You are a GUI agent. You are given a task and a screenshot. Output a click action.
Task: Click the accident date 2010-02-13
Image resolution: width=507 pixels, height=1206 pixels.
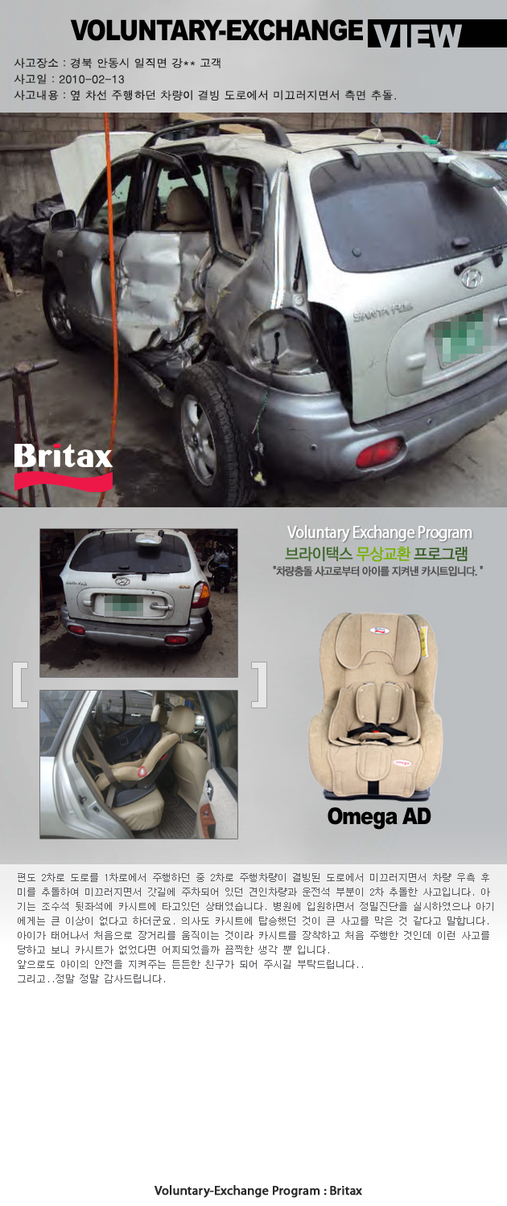pyautogui.click(x=92, y=79)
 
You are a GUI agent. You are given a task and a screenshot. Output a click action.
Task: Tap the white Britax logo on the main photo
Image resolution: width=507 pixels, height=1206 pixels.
pyautogui.click(x=63, y=457)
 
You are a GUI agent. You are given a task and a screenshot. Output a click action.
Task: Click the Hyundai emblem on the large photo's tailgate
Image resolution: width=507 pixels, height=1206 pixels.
pyautogui.click(x=472, y=277)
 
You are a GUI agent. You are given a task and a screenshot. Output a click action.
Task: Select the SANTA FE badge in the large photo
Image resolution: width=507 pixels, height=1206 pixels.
pyautogui.click(x=383, y=310)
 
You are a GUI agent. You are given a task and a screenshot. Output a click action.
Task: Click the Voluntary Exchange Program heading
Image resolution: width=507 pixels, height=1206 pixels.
pyautogui.click(x=380, y=532)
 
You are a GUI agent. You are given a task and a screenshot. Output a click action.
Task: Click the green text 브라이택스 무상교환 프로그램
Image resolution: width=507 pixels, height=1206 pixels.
pyautogui.click(x=377, y=553)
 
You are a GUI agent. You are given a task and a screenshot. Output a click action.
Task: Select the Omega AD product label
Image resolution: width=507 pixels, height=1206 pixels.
pyautogui.click(x=379, y=816)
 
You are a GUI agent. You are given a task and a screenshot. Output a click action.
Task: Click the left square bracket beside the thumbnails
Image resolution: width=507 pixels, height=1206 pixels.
pyautogui.click(x=20, y=685)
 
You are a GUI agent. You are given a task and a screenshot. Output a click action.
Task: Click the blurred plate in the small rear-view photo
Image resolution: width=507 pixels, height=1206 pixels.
pyautogui.click(x=123, y=605)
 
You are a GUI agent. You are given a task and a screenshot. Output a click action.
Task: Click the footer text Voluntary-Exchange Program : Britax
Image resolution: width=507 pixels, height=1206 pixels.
pyautogui.click(x=258, y=1191)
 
